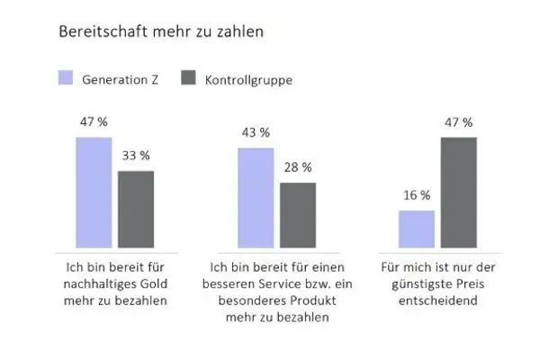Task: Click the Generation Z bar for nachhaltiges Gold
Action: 94,193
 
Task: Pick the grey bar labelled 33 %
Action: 136,210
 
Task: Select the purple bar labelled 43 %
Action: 256,198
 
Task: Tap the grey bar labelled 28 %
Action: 298,215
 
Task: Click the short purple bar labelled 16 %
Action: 417,229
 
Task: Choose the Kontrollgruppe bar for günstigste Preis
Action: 459,193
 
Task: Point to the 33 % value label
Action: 136,155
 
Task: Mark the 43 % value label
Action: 256,132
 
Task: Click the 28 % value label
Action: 298,166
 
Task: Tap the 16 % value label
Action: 417,194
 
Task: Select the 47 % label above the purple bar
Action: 94,121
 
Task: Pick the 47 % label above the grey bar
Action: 459,121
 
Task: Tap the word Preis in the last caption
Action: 486,283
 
